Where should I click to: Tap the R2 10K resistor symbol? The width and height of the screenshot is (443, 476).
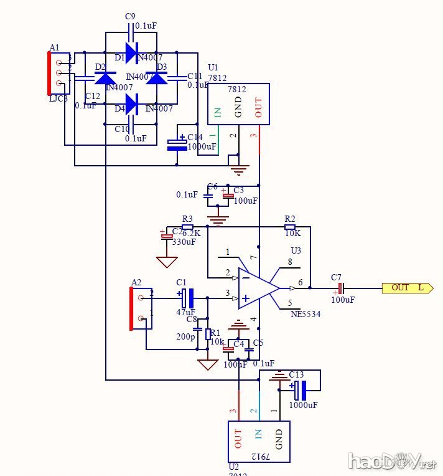coord(290,227)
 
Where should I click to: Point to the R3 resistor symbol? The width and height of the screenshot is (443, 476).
coord(187,227)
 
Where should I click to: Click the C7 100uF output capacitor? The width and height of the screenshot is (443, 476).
coord(340,288)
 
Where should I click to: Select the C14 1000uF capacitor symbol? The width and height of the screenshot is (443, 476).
coord(177,144)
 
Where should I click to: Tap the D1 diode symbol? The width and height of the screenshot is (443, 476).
coord(131,50)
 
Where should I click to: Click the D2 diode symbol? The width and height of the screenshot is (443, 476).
coord(105,78)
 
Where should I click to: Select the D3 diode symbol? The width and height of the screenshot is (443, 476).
coord(157,78)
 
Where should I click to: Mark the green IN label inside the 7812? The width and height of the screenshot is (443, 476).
coord(218,113)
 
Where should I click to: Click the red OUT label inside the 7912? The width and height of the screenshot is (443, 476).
coord(238,439)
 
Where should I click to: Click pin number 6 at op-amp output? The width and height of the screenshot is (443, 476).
coord(301,282)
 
